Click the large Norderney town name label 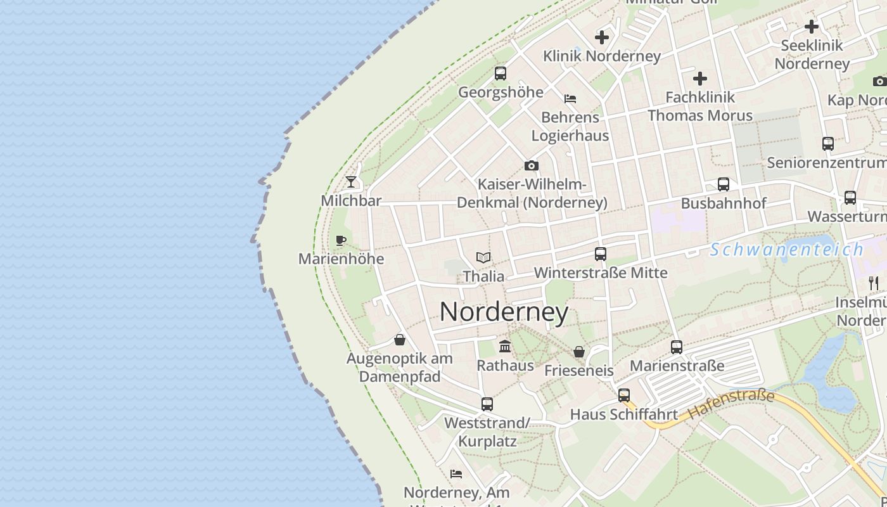[x=504, y=312]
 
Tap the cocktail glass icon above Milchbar [x=351, y=183]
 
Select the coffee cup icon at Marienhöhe [x=341, y=240]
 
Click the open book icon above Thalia [x=483, y=257]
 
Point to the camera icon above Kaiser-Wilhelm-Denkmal [x=532, y=166]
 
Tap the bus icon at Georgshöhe [x=501, y=74]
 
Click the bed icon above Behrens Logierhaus [x=570, y=98]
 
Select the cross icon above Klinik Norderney [x=602, y=37]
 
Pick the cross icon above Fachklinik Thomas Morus [x=700, y=79]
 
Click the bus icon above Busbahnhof [x=724, y=184]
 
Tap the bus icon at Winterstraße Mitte [x=601, y=254]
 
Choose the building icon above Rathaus [x=505, y=346]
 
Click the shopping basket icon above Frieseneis [x=579, y=351]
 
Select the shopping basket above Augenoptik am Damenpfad [x=400, y=340]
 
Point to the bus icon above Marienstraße [x=677, y=347]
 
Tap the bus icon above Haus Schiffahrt [x=624, y=395]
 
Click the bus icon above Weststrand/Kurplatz [x=487, y=404]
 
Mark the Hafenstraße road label [x=731, y=404]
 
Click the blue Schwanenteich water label [x=786, y=250]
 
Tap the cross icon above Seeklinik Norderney [x=812, y=27]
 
